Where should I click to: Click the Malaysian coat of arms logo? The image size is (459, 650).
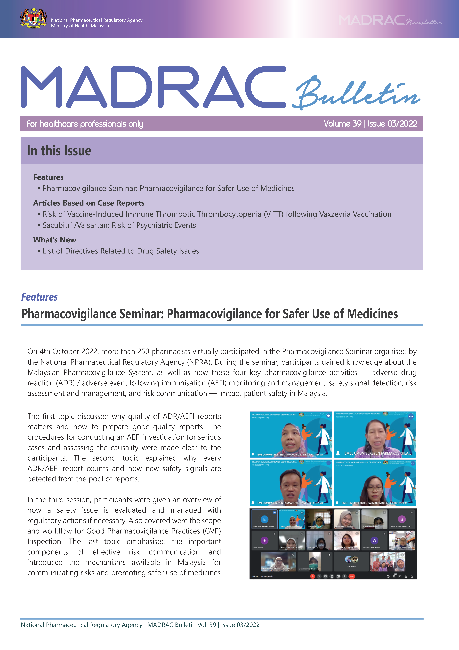(33, 19)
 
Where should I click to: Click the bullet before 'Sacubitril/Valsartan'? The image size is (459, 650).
(39, 225)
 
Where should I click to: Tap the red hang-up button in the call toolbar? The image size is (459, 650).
(352, 576)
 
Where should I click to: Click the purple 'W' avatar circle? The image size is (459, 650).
(374, 540)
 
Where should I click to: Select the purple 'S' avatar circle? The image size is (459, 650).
(402, 519)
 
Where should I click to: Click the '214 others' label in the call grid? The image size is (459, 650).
(351, 567)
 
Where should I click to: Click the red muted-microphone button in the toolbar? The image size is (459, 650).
(313, 576)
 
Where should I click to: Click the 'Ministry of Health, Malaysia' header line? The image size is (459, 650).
(80, 26)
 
